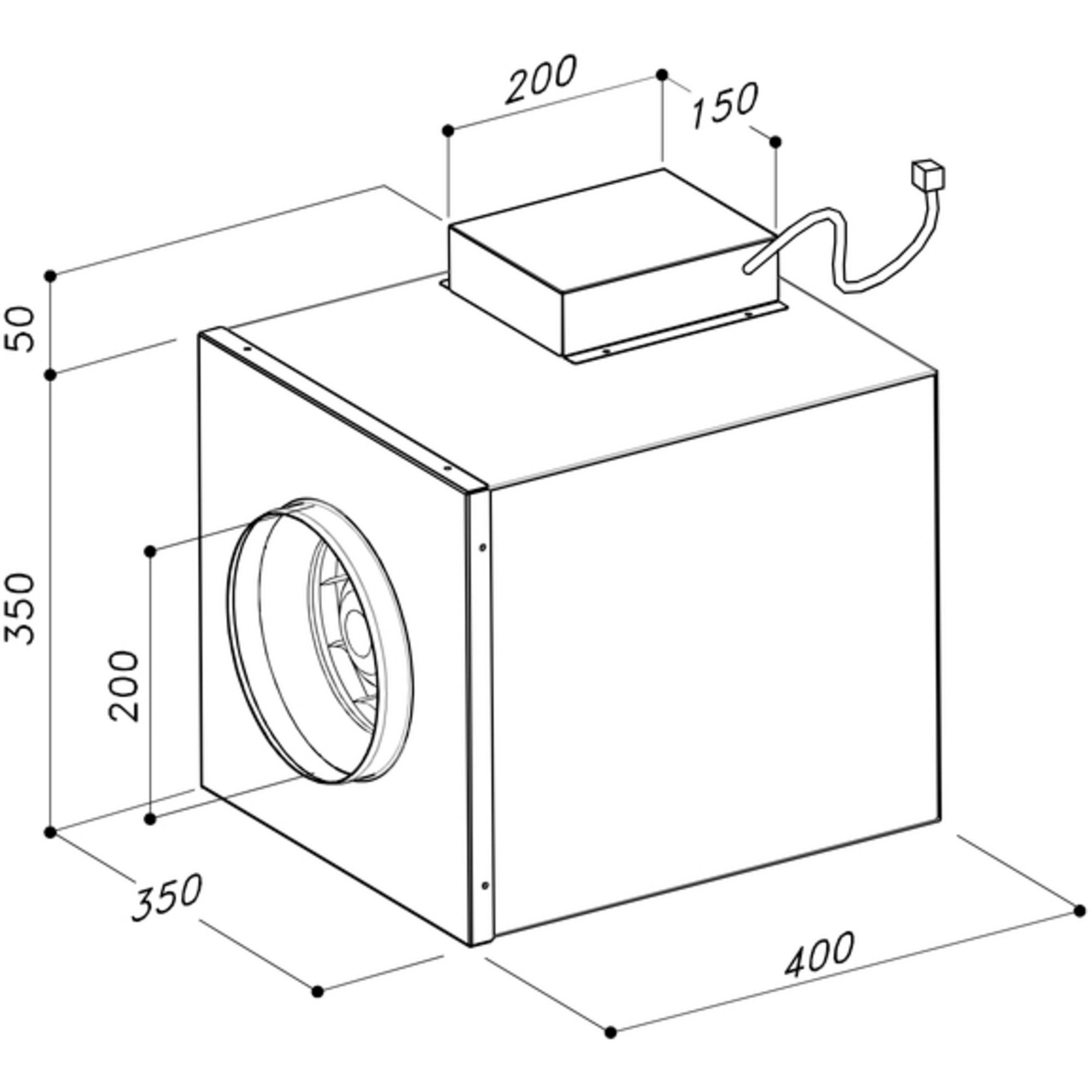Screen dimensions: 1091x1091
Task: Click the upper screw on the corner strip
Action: pyautogui.click(x=482, y=547)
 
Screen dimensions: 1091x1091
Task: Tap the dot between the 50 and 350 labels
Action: pyautogui.click(x=51, y=374)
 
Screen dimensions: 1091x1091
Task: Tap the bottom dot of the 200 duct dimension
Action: pyautogui.click(x=150, y=819)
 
